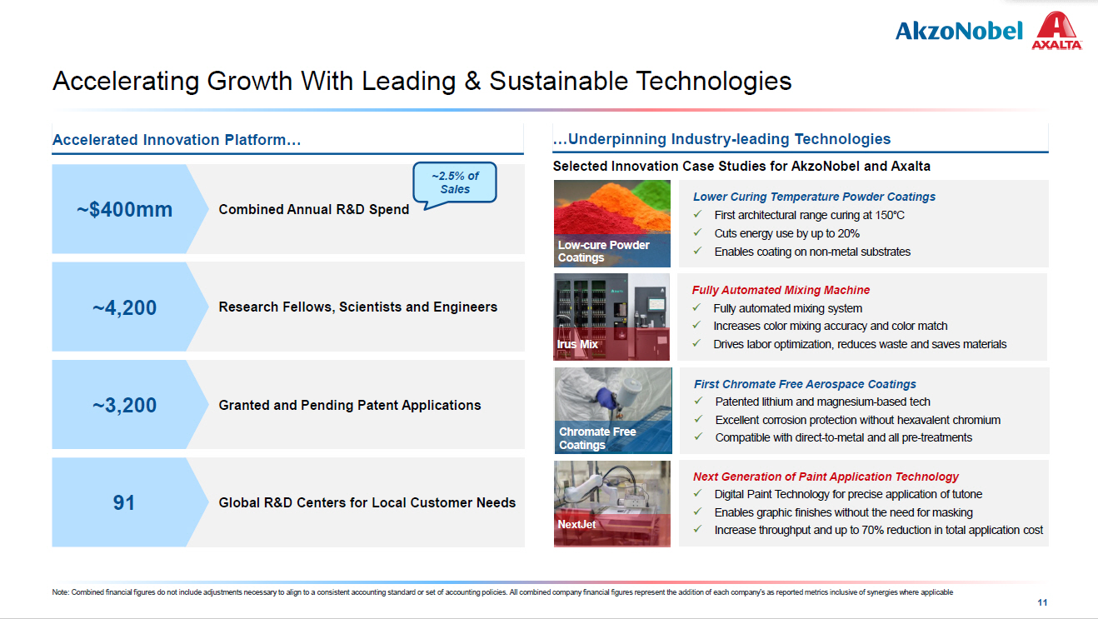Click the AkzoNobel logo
[959, 31]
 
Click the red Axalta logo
[1057, 30]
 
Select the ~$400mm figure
[124, 209]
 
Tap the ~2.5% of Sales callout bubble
[454, 182]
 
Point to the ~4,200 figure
[124, 307]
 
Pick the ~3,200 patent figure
[124, 405]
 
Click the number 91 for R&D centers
[123, 502]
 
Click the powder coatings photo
[611, 223]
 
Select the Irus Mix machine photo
[611, 317]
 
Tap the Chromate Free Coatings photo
[612, 410]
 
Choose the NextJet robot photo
[611, 503]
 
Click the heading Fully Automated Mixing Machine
[781, 290]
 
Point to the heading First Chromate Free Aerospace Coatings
[805, 384]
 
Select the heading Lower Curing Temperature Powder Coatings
[814, 197]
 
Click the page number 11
[1042, 602]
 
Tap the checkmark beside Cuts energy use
[697, 232]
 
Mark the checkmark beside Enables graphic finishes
[697, 512]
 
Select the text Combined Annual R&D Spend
[314, 209]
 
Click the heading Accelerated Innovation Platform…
[177, 140]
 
